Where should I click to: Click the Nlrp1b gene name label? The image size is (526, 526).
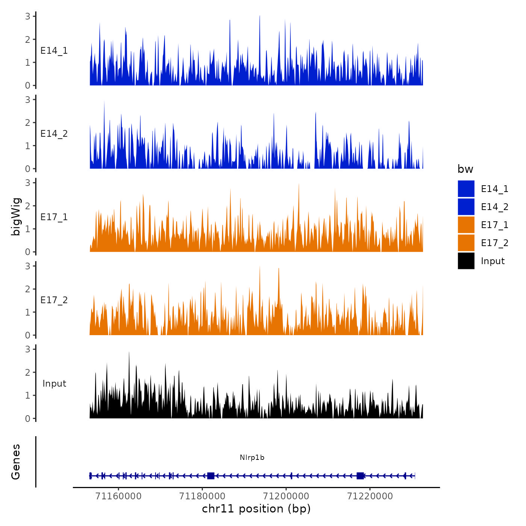[252, 458]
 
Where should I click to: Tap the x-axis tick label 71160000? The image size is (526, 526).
[119, 496]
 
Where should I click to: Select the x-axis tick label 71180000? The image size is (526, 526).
[203, 496]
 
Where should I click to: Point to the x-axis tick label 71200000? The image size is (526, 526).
[286, 496]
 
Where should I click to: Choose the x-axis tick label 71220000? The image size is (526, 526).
[370, 496]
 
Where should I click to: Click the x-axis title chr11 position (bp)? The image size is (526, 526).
[256, 509]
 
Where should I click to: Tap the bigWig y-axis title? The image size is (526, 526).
[16, 217]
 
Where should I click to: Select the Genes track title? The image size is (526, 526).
[16, 462]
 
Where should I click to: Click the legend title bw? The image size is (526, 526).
[465, 169]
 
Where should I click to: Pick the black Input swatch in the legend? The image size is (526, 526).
[466, 261]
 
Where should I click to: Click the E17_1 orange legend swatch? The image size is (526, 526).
[466, 225]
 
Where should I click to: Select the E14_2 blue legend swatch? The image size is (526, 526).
[466, 207]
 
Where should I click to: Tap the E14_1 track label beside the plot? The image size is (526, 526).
[54, 51]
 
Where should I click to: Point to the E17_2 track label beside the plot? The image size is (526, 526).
[54, 300]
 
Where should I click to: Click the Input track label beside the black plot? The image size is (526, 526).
[54, 384]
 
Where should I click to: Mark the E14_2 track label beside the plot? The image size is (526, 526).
[54, 134]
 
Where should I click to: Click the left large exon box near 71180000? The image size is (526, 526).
[211, 476]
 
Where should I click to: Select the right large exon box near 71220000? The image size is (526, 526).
[360, 476]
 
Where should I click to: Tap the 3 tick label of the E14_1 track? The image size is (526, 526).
[28, 16]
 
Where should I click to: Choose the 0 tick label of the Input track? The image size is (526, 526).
[28, 419]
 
